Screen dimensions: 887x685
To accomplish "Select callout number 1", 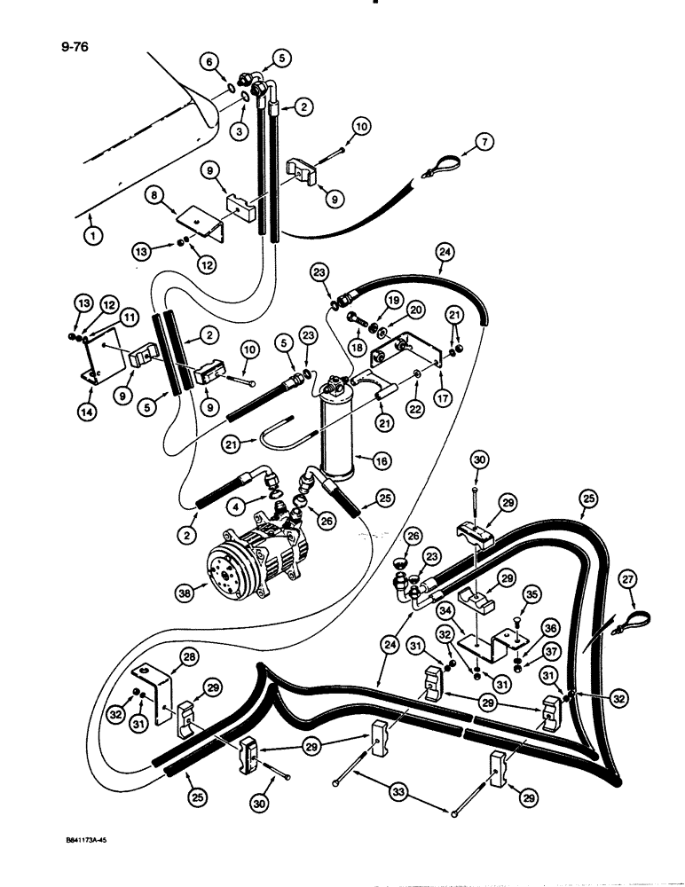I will click(x=93, y=235).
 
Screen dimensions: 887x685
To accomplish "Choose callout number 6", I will click(x=209, y=61).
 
